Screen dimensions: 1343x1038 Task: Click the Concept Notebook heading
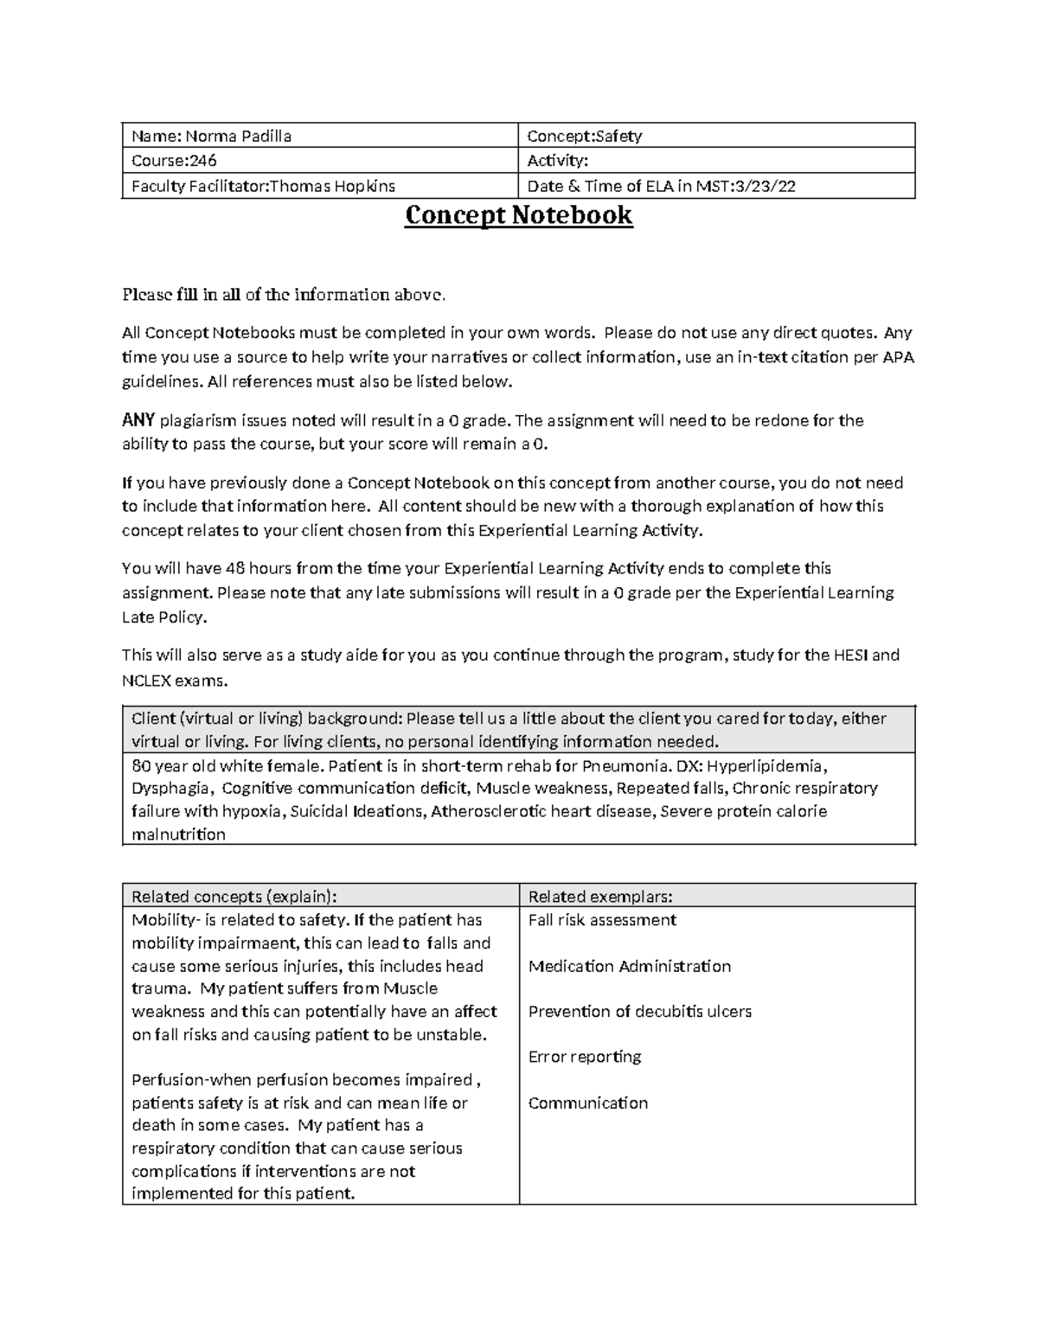click(x=519, y=215)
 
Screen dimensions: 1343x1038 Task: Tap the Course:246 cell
click(x=174, y=161)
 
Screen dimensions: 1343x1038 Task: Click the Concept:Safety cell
click(x=585, y=136)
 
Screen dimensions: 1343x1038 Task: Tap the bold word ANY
click(x=138, y=421)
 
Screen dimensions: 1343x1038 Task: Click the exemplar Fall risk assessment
click(x=602, y=920)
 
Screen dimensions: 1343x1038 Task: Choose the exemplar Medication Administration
click(x=629, y=966)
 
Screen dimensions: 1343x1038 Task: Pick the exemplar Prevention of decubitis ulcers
click(x=639, y=1012)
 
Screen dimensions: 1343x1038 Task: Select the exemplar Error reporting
click(x=585, y=1057)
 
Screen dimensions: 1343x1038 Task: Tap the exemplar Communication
click(x=587, y=1103)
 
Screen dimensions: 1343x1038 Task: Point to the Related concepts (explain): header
click(x=234, y=897)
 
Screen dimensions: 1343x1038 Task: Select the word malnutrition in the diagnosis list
click(x=178, y=835)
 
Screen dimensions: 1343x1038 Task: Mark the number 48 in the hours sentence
click(x=235, y=569)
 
